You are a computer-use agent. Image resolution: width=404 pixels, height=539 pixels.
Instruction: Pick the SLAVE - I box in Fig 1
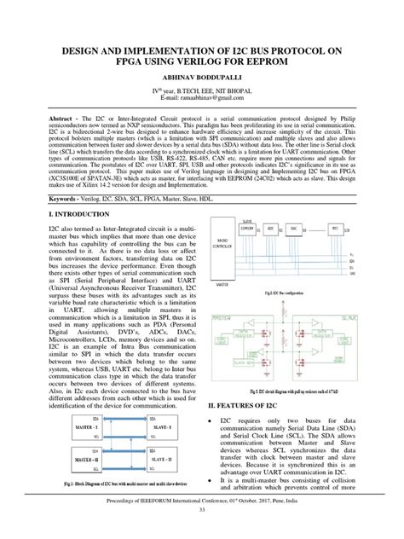tap(160, 426)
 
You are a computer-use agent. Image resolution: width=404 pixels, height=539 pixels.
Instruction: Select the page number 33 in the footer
tap(202, 533)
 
